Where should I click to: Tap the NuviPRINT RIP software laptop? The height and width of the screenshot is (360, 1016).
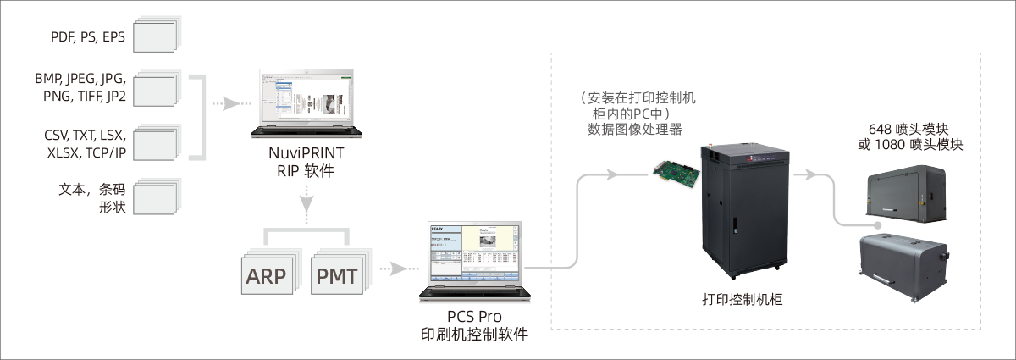(304, 106)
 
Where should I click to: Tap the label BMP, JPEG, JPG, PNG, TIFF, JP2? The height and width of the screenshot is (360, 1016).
(81, 87)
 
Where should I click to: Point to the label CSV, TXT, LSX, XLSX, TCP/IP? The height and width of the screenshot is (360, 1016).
(83, 143)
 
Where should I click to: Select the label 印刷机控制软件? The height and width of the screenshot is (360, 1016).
(474, 334)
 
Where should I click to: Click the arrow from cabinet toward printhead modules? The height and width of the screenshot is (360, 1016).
(809, 174)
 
